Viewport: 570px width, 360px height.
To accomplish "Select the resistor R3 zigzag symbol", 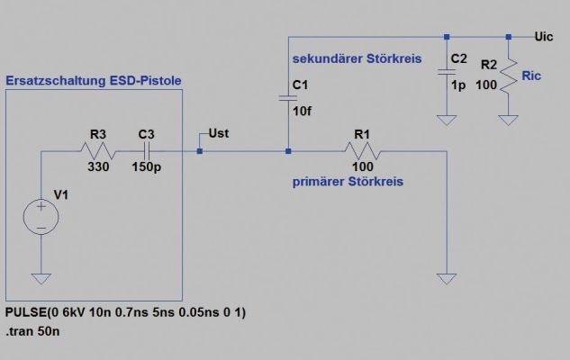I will (98, 151).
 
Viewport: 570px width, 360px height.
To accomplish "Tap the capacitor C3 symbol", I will (148, 151).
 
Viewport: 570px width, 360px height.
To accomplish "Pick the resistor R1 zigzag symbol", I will (364, 151).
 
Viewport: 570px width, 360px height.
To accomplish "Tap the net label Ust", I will (218, 133).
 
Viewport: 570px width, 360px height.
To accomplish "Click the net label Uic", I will (544, 37).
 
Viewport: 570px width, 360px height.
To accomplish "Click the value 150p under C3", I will (146, 167).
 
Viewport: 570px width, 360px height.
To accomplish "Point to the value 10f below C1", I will (303, 112).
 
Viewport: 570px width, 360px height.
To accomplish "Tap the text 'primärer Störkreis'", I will (348, 182).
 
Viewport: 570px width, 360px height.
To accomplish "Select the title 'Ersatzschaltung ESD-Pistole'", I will (94, 81).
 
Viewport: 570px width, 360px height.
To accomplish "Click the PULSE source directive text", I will (126, 312).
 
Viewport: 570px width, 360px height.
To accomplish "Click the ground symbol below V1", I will (41, 279).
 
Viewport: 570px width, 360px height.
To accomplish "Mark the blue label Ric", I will (532, 77).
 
